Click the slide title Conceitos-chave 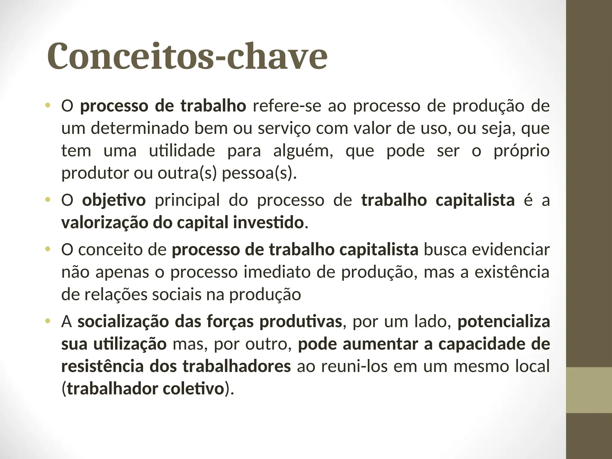point(187,56)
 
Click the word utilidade point(182,151)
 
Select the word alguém point(303,151)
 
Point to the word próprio point(521,151)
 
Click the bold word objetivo point(114,200)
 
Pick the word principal point(187,200)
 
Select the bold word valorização point(104,223)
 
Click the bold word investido point(268,223)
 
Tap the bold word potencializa point(504,322)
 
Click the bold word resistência point(102,366)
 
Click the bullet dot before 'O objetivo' point(47,200)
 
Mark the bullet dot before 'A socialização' point(47,321)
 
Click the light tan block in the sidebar point(589,390)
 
